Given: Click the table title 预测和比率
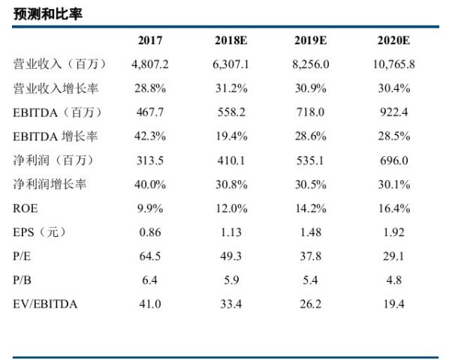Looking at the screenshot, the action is pos(48,13).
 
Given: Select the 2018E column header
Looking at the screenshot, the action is pos(231,40).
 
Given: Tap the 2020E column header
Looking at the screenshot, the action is pos(393,40).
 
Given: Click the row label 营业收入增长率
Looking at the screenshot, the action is pos(56,88).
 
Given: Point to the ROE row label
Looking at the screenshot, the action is pos(26,208).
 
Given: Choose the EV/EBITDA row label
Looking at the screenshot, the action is pos(45,304).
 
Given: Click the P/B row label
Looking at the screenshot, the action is pos(22,280).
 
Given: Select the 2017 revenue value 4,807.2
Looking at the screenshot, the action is pos(150,64).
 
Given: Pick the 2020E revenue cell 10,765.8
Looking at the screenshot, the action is pos(393,64).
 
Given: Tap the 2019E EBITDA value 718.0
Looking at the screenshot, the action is pos(310,112).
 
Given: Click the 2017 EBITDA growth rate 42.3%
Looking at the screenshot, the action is pos(150,136).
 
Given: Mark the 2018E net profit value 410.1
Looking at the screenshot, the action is pos(231,160).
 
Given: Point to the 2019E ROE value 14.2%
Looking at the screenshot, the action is pos(311,208).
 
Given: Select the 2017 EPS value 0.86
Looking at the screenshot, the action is pos(150,232).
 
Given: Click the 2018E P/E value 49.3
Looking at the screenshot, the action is pos(231,256).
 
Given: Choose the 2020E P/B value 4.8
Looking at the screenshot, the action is pos(393,280).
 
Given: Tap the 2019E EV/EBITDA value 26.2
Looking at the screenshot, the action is pos(310,304).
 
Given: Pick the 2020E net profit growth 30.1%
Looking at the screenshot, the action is pos(394,184).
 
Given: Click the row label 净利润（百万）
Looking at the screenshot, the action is pos(54,160).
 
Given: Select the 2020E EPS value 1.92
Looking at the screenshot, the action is pos(393,232).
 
